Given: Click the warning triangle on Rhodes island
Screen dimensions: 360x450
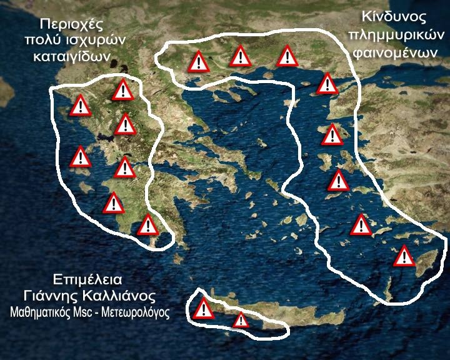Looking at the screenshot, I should tap(404, 256).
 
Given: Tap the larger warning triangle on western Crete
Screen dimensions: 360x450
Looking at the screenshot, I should tap(204, 309).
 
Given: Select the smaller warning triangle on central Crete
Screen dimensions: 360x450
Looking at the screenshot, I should tap(241, 321).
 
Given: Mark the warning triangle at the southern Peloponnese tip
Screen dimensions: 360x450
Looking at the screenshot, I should tap(148, 225).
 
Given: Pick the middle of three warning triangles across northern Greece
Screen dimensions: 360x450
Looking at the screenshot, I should tap(241, 56).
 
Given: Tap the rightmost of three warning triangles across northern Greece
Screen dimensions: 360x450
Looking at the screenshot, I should tap(287, 56).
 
